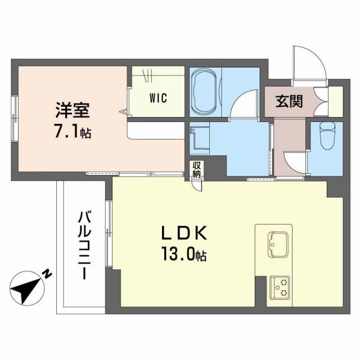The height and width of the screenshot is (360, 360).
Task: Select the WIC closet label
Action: click(157, 98)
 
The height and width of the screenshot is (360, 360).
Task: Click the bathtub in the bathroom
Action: click(204, 92)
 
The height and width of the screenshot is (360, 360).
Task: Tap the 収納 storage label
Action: click(196, 169)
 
